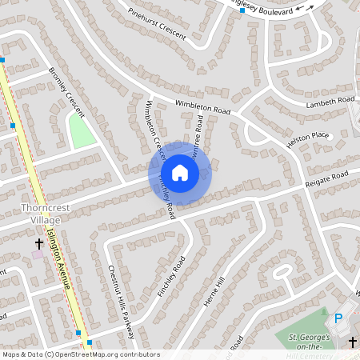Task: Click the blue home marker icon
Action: [x=180, y=172]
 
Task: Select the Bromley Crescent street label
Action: [x=66, y=89]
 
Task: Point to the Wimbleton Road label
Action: [x=203, y=105]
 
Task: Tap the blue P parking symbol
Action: [x=338, y=318]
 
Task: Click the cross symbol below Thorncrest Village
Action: [x=38, y=242]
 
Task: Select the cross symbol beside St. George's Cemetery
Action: [x=353, y=342]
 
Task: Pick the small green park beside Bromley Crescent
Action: [x=82, y=130]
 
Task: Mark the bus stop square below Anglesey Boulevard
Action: [x=242, y=10]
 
